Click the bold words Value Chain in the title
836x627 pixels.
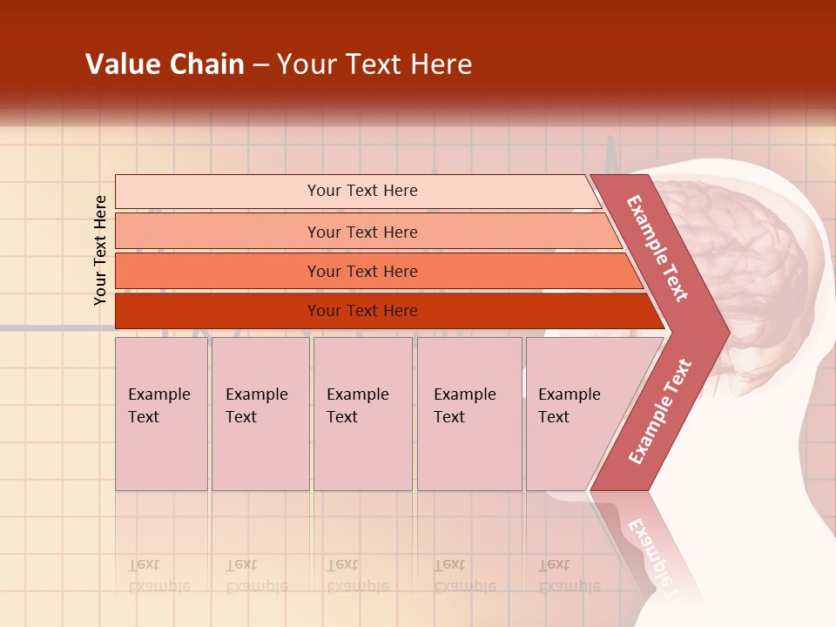click(x=165, y=64)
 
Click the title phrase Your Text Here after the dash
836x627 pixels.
click(x=374, y=64)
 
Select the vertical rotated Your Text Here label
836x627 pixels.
click(x=100, y=250)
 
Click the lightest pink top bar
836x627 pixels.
click(x=218, y=191)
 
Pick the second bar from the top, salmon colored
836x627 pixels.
click(x=218, y=232)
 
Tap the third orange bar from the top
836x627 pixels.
click(x=218, y=271)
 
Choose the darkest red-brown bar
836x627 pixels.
click(x=218, y=311)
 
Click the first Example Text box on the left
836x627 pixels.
click(x=161, y=414)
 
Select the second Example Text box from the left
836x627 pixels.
click(x=260, y=414)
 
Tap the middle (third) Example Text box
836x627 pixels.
click(x=362, y=414)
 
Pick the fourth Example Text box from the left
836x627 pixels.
click(x=469, y=414)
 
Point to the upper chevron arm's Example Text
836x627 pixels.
click(x=657, y=248)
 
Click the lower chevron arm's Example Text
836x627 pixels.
click(x=659, y=412)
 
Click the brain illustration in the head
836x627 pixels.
click(x=740, y=253)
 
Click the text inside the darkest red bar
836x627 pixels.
click(x=362, y=311)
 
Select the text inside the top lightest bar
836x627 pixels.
click(x=362, y=191)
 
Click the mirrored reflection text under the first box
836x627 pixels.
click(x=158, y=576)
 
